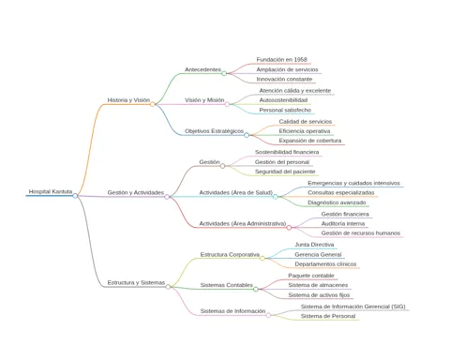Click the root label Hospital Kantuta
(51, 191)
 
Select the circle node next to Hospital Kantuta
(75, 196)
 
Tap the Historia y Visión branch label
(128, 100)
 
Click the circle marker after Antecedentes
(224, 73)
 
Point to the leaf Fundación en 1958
(282, 59)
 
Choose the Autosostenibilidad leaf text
(283, 100)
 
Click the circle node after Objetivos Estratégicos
(247, 135)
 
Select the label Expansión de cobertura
(310, 141)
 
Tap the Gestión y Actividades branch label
(136, 192)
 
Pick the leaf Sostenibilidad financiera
(287, 152)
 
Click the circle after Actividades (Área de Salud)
(276, 197)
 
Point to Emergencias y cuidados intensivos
(353, 183)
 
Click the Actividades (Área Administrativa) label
(243, 223)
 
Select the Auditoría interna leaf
(343, 224)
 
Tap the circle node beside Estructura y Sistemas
(168, 287)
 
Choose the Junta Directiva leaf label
(314, 245)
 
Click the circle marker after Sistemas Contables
(256, 289)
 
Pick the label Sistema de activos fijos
(319, 295)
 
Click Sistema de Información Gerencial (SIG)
(353, 307)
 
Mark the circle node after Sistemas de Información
(268, 315)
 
